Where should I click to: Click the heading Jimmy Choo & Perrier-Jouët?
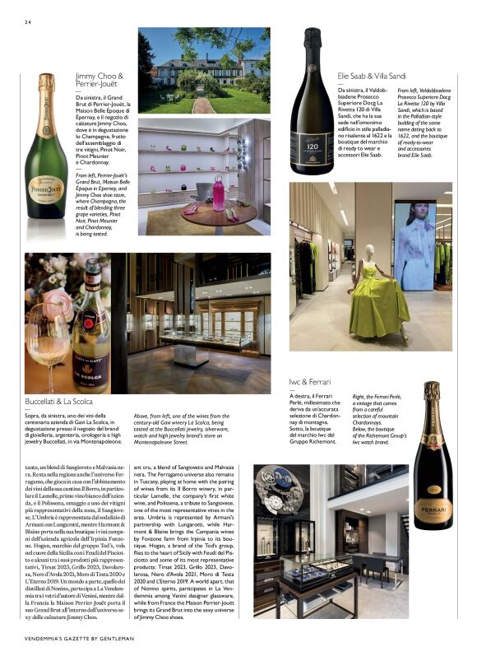(x=100, y=81)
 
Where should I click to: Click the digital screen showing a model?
(x=414, y=245)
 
